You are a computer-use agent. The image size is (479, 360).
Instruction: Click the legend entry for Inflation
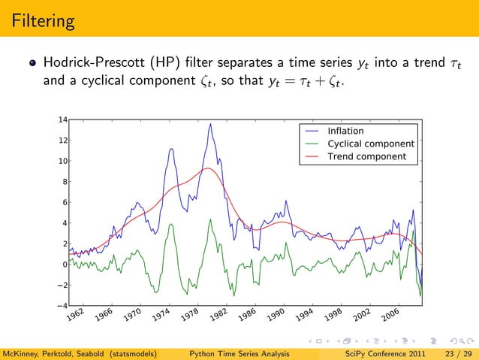click(345, 132)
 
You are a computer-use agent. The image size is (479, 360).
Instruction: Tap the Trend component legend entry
click(366, 156)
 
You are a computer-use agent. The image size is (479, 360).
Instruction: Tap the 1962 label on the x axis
click(73, 319)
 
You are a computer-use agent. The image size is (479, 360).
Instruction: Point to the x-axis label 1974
click(161, 319)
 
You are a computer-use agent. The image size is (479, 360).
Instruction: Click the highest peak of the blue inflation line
click(210, 124)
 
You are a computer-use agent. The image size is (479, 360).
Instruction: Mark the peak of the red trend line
click(208, 168)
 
